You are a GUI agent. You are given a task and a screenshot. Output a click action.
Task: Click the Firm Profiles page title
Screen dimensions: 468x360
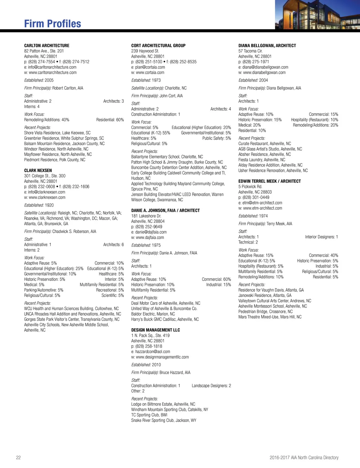click(x=52, y=24)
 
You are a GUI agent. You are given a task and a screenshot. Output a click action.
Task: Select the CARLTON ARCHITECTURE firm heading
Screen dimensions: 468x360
click(x=47, y=46)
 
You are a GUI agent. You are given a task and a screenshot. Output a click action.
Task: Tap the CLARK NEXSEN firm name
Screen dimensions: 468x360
click(x=38, y=171)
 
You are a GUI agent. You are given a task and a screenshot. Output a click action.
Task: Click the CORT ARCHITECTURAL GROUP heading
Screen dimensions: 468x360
click(x=158, y=46)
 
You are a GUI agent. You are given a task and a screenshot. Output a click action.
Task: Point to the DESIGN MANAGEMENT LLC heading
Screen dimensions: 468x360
click(x=155, y=330)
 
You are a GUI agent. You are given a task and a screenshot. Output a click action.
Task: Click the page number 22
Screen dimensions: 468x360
click(x=18, y=458)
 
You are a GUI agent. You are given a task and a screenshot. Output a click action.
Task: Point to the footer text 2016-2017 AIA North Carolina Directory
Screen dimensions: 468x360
click(x=304, y=458)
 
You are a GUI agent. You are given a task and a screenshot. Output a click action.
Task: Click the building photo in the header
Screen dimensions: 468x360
click(x=317, y=15)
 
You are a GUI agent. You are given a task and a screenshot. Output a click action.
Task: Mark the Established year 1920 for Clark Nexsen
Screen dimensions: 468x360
click(x=49, y=205)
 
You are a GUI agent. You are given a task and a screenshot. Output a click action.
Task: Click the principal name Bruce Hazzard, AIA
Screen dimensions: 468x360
click(x=175, y=373)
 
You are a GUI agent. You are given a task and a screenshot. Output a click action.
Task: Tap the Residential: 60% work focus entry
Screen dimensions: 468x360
click(x=110, y=120)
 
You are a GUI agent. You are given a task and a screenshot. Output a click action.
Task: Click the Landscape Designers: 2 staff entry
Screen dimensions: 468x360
click(x=211, y=386)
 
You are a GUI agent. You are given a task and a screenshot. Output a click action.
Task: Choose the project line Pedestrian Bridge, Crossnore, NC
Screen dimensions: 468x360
click(x=265, y=312)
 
